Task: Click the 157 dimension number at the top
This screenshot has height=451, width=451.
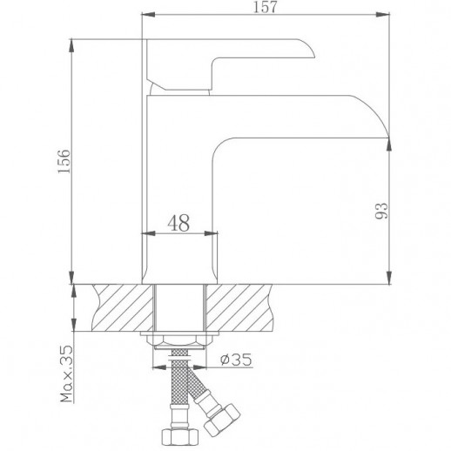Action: [x=259, y=8]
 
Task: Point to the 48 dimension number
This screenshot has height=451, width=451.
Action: [x=179, y=223]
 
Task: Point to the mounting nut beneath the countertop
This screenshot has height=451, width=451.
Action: [x=179, y=338]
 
